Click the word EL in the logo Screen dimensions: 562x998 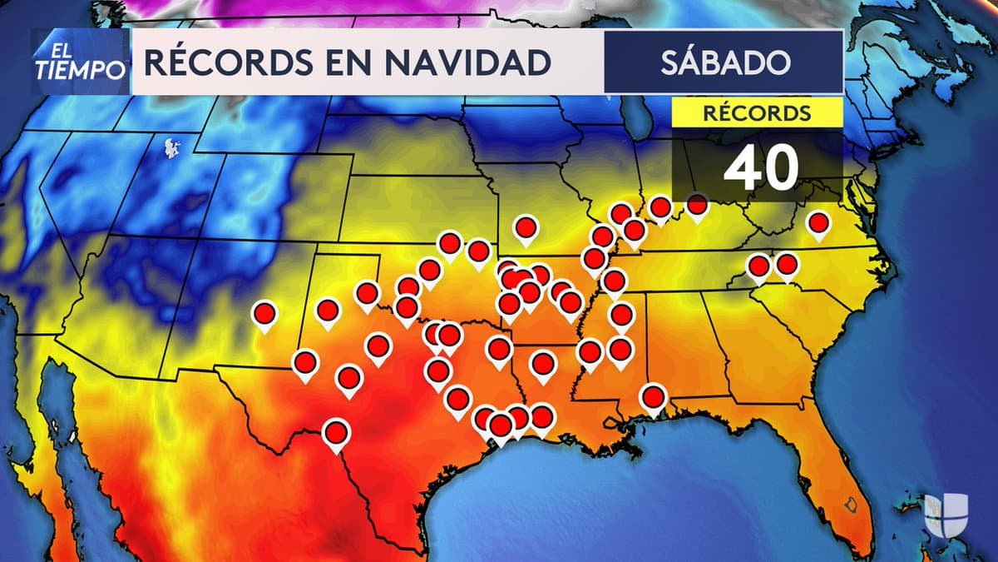50,50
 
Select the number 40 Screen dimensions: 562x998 760,168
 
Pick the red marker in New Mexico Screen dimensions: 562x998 264,314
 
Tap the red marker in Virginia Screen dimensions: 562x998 819,223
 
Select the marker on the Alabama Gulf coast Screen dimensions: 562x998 654,397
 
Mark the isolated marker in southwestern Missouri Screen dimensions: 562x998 526,226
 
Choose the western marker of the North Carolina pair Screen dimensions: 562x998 758,266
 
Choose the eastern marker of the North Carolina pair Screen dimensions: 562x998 787,265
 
